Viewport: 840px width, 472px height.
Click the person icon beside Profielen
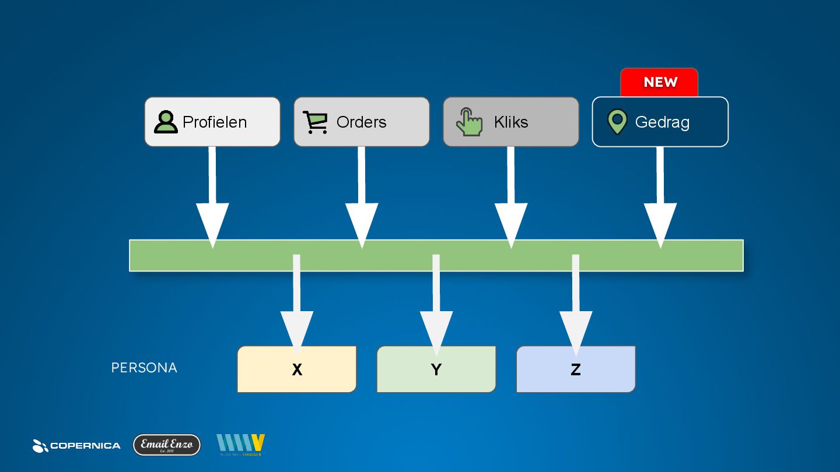tap(166, 122)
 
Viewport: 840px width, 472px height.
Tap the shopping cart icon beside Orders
tap(316, 122)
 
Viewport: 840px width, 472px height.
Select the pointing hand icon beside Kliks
tap(470, 122)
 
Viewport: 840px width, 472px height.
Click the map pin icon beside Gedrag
tap(617, 122)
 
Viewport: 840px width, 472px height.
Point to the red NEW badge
tap(660, 82)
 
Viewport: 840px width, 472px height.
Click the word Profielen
tap(215, 122)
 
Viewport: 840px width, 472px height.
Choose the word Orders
tap(362, 122)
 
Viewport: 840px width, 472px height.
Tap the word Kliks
tap(511, 122)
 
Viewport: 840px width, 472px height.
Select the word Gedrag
tap(662, 122)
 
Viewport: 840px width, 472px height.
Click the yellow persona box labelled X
tap(297, 369)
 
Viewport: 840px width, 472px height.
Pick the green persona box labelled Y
tap(436, 369)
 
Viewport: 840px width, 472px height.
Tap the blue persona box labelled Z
tap(576, 369)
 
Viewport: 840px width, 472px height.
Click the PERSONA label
tap(144, 368)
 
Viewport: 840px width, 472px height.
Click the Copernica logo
tap(76, 446)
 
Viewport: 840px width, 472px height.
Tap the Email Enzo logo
tap(167, 445)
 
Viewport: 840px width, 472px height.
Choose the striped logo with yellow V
tap(240, 445)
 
